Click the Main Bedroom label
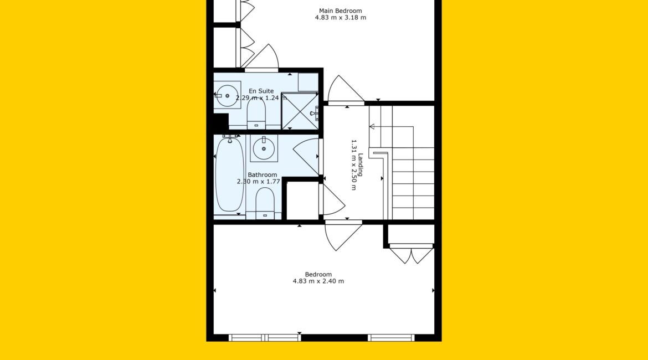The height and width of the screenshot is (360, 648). [x=340, y=11]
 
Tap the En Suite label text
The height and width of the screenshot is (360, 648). [x=261, y=91]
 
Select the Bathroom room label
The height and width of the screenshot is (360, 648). [x=263, y=175]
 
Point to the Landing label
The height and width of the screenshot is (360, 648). [x=361, y=164]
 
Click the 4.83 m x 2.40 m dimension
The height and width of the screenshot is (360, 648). [x=318, y=281]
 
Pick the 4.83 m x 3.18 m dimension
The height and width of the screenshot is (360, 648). [x=341, y=17]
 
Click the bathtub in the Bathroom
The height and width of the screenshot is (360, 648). [x=230, y=175]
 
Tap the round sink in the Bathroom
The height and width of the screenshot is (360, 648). [x=264, y=148]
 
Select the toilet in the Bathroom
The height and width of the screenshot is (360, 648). [x=265, y=203]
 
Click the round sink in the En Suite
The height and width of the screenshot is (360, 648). [x=227, y=95]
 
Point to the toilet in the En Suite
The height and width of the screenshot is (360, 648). [x=256, y=114]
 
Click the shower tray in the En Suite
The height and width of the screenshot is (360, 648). [x=300, y=111]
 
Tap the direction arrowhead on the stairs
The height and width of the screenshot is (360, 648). [x=372, y=126]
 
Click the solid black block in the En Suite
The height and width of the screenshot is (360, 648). [x=220, y=121]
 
